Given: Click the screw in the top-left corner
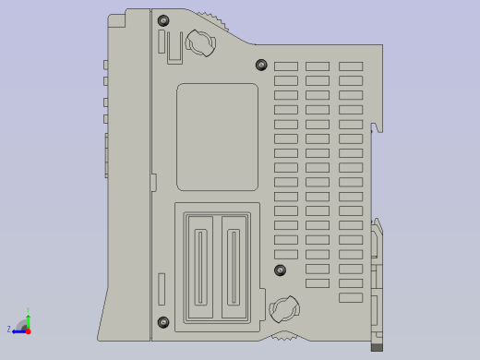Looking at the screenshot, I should click(x=163, y=20).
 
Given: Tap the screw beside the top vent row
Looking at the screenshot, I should click(x=260, y=65).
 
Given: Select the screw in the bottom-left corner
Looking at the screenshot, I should click(x=163, y=321).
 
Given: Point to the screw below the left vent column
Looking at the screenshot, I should click(x=281, y=270).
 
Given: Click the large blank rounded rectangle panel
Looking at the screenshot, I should click(x=217, y=137).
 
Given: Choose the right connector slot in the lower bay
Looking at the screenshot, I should click(x=233, y=267).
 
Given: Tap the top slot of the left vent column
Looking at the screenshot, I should click(x=286, y=66).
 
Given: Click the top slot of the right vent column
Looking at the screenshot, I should click(x=351, y=66).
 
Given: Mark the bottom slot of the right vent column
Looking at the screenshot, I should click(x=351, y=297).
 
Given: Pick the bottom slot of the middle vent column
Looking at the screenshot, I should click(x=318, y=283).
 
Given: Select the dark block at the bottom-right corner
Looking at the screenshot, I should click(x=377, y=347).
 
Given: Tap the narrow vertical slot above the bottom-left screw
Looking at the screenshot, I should click(x=162, y=289).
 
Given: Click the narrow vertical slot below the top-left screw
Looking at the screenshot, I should click(x=162, y=42).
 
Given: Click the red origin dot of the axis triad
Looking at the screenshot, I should click(x=28, y=330).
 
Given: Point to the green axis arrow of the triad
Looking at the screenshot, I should click(x=28, y=316).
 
